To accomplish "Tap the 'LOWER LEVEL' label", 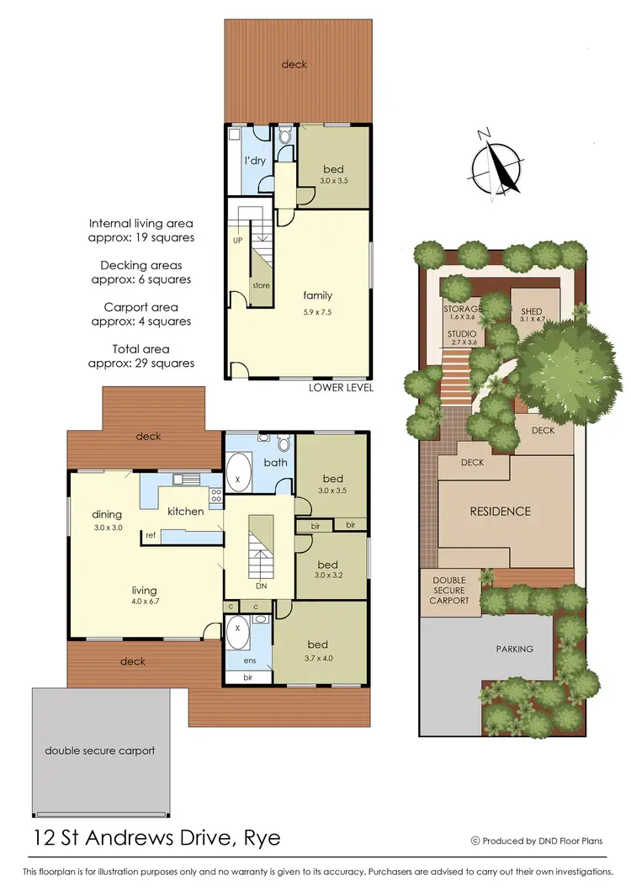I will [341, 388].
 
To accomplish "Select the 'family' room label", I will [318, 295].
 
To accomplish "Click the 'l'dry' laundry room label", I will [256, 160].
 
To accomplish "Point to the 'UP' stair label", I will [238, 240].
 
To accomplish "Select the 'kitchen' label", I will [185, 511].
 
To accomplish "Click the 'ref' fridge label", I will [151, 535].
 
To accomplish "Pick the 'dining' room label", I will [108, 514].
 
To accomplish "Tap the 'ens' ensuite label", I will [250, 661].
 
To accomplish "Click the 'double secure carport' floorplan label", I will [100, 750].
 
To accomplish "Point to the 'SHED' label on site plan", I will [532, 311].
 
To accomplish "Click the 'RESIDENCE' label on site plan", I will [500, 511].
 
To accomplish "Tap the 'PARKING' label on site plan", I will [514, 649].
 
